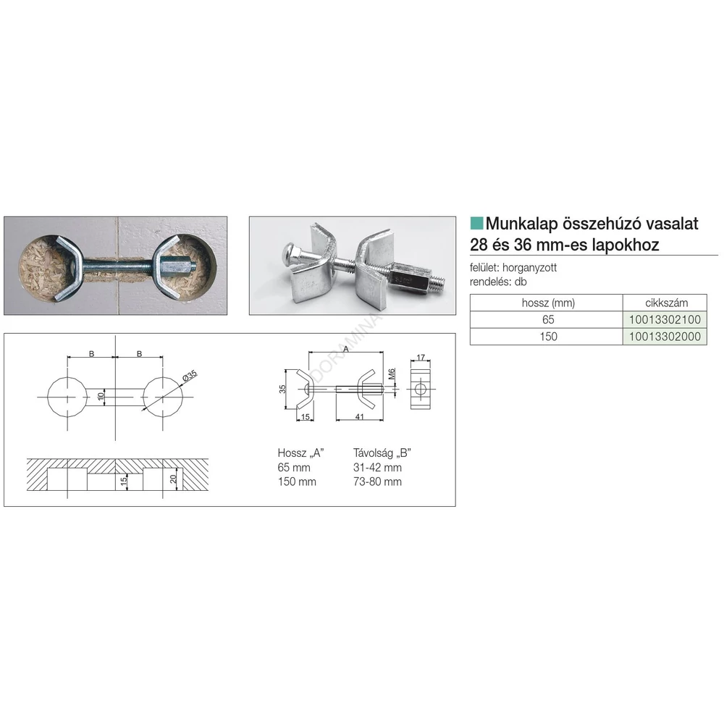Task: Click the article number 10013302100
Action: tap(665, 319)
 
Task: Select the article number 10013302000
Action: tap(665, 337)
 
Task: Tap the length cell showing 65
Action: tap(548, 319)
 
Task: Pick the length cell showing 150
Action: tap(548, 337)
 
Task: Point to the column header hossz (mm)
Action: tap(548, 303)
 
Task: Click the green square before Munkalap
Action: tap(476, 224)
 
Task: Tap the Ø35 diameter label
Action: tap(190, 375)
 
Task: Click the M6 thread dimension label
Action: tap(392, 374)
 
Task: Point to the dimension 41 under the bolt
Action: tap(360, 416)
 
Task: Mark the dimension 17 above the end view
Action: tap(420, 358)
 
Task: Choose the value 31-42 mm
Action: tap(377, 467)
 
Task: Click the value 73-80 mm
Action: tap(377, 481)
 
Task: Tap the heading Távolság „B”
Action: tap(382, 453)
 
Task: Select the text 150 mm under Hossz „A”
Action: tap(297, 481)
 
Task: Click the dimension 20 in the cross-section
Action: tap(173, 479)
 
